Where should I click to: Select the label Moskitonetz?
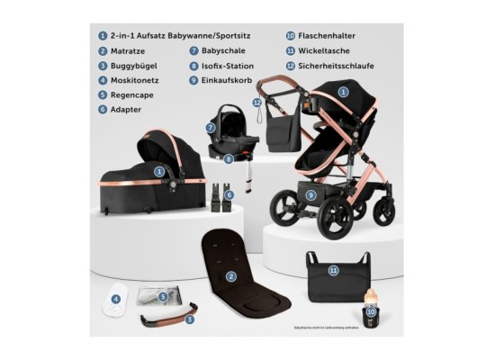click(132, 79)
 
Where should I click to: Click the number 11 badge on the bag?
click(333, 269)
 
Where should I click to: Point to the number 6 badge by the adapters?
click(229, 193)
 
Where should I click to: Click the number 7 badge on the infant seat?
click(209, 129)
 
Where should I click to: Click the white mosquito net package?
click(118, 301)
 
